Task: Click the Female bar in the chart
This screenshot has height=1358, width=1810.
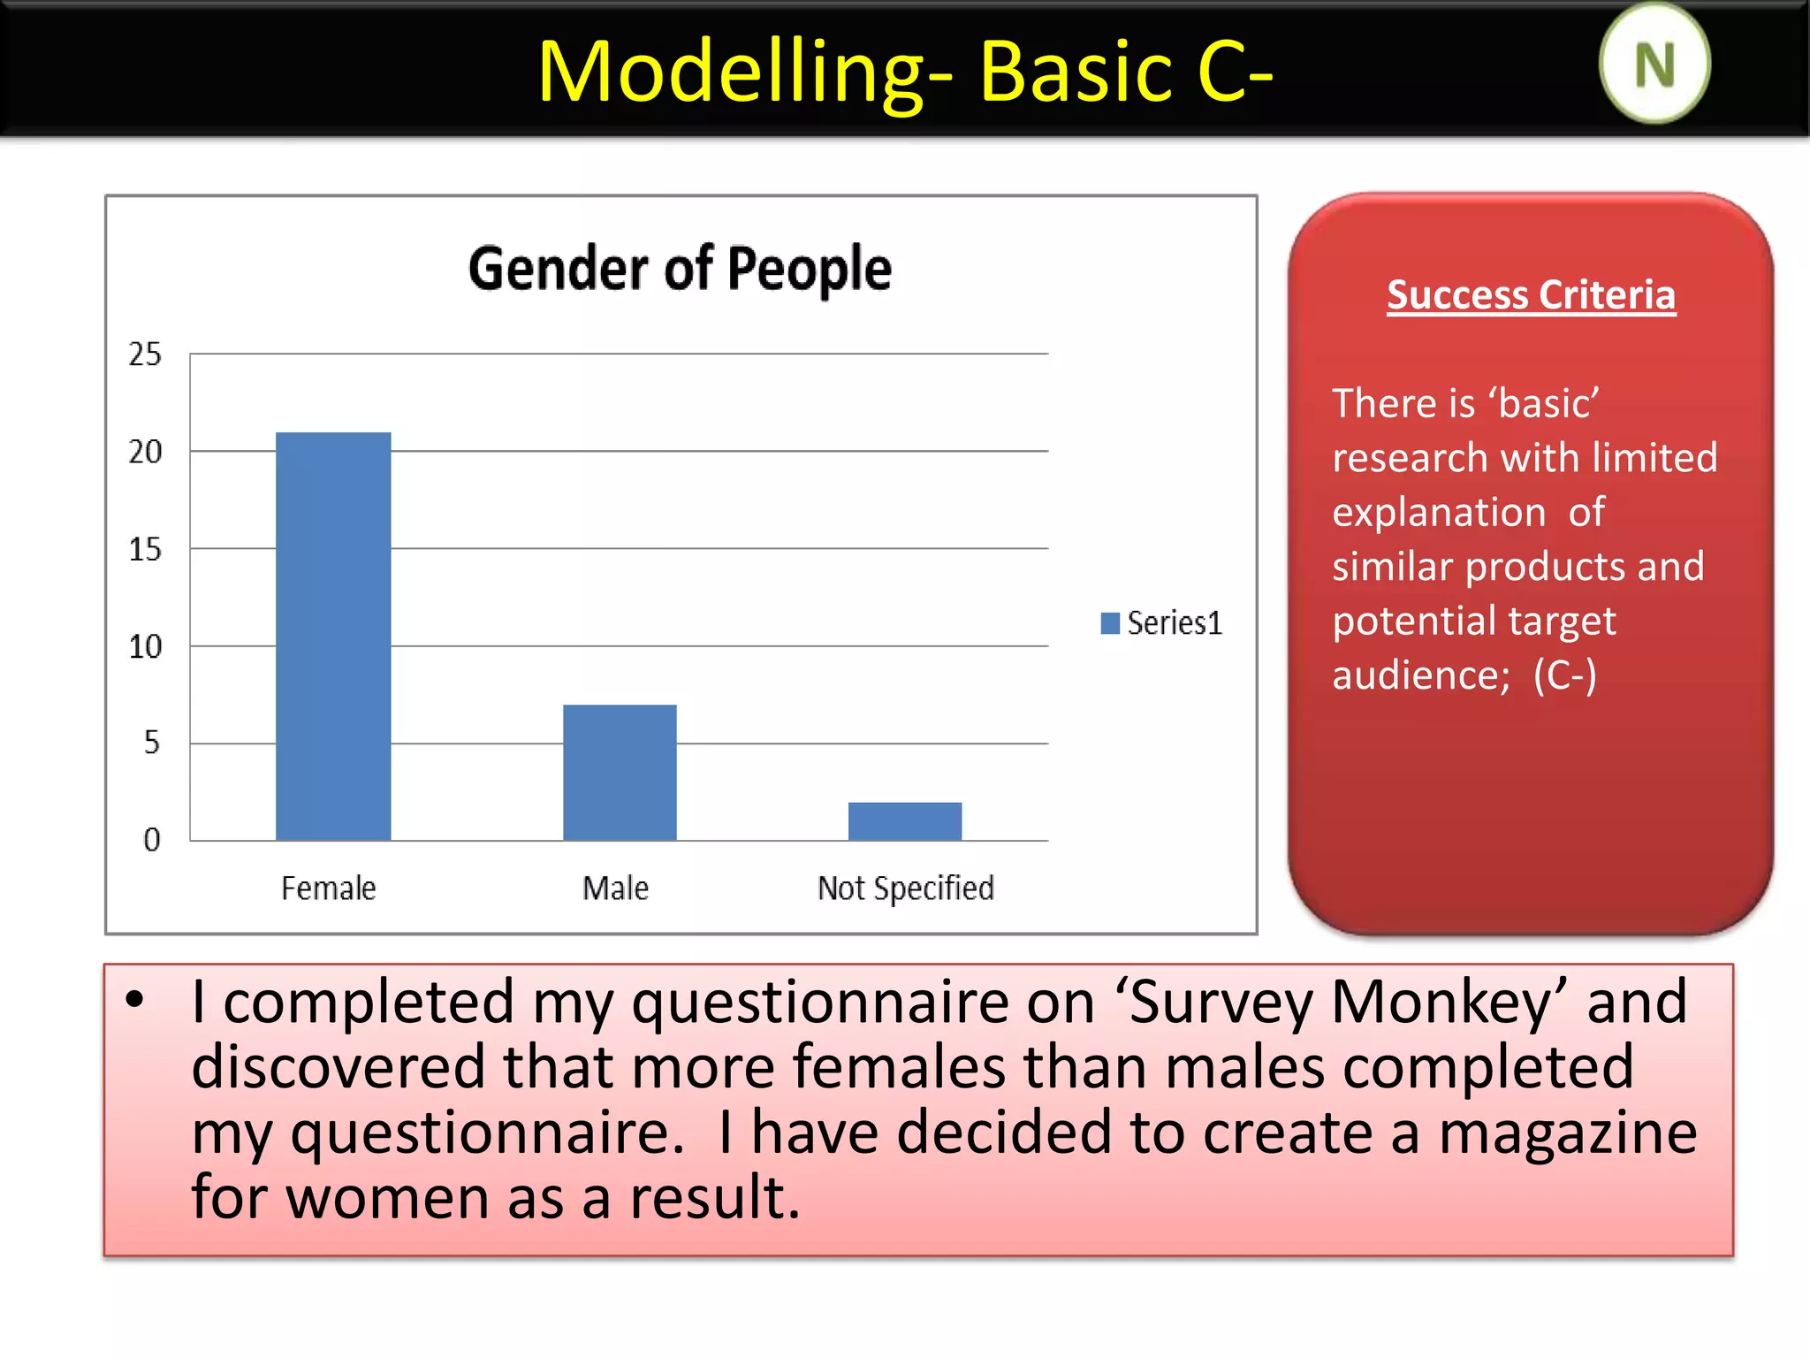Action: pos(333,636)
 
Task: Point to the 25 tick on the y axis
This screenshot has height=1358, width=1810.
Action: pos(145,355)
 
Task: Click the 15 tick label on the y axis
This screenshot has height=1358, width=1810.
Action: pos(145,550)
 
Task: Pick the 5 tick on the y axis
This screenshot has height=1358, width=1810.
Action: pos(151,743)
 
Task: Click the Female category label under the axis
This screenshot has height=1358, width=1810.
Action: pos(328,888)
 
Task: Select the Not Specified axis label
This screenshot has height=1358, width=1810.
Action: pos(905,888)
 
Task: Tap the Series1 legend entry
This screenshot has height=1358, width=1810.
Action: pos(1161,623)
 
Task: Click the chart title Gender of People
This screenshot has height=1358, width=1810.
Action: pos(680,269)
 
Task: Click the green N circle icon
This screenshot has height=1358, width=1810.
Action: pos(1654,65)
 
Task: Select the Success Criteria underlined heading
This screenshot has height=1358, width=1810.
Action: pos(1531,294)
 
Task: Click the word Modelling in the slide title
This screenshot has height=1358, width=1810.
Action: pos(732,72)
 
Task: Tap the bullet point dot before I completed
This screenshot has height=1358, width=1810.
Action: pos(134,1000)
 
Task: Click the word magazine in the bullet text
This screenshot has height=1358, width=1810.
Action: pos(1567,1133)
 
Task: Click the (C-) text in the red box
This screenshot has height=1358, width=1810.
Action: pos(1564,675)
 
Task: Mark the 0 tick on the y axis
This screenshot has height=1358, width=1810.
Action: pos(151,840)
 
